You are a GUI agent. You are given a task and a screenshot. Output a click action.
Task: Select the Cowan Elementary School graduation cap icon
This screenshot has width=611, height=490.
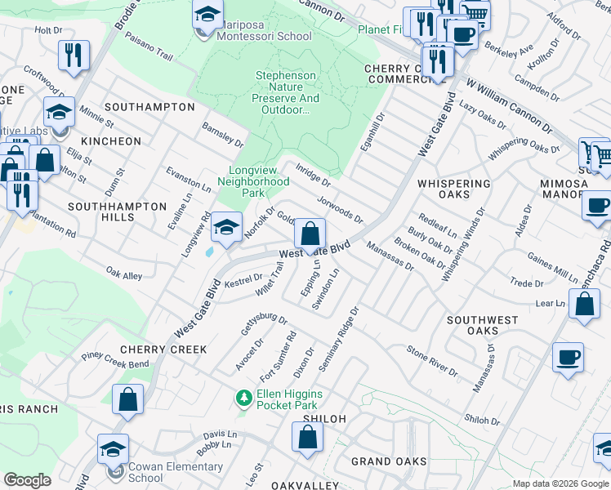(x=113, y=449)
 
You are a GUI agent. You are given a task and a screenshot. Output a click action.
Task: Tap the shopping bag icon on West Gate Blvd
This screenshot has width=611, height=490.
(x=310, y=234)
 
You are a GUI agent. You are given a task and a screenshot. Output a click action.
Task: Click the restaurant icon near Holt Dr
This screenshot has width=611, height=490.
(x=74, y=55)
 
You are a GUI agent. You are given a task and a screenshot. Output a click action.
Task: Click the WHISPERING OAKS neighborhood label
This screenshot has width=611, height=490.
(x=454, y=189)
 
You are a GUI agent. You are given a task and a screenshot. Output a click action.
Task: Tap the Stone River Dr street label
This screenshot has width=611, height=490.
(x=432, y=360)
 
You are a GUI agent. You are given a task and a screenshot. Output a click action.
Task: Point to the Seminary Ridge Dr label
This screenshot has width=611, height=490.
(x=339, y=340)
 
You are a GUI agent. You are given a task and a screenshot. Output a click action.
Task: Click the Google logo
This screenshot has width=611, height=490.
(x=27, y=479)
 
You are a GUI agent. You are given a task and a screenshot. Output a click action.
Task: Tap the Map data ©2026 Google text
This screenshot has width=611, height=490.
(x=560, y=483)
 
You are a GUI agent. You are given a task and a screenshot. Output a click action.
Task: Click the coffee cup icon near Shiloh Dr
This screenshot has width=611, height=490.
(x=568, y=357)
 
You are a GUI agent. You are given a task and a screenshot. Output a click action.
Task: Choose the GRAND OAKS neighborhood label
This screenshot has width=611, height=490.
(x=389, y=461)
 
